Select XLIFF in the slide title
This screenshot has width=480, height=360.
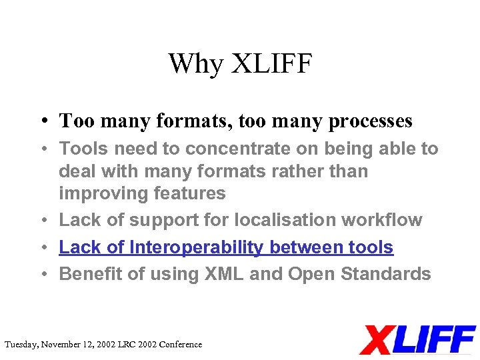click(271, 64)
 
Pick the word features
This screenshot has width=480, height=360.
click(191, 194)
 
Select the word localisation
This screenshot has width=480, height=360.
click(266, 220)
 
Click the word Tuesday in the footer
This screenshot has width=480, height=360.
click(21, 345)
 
